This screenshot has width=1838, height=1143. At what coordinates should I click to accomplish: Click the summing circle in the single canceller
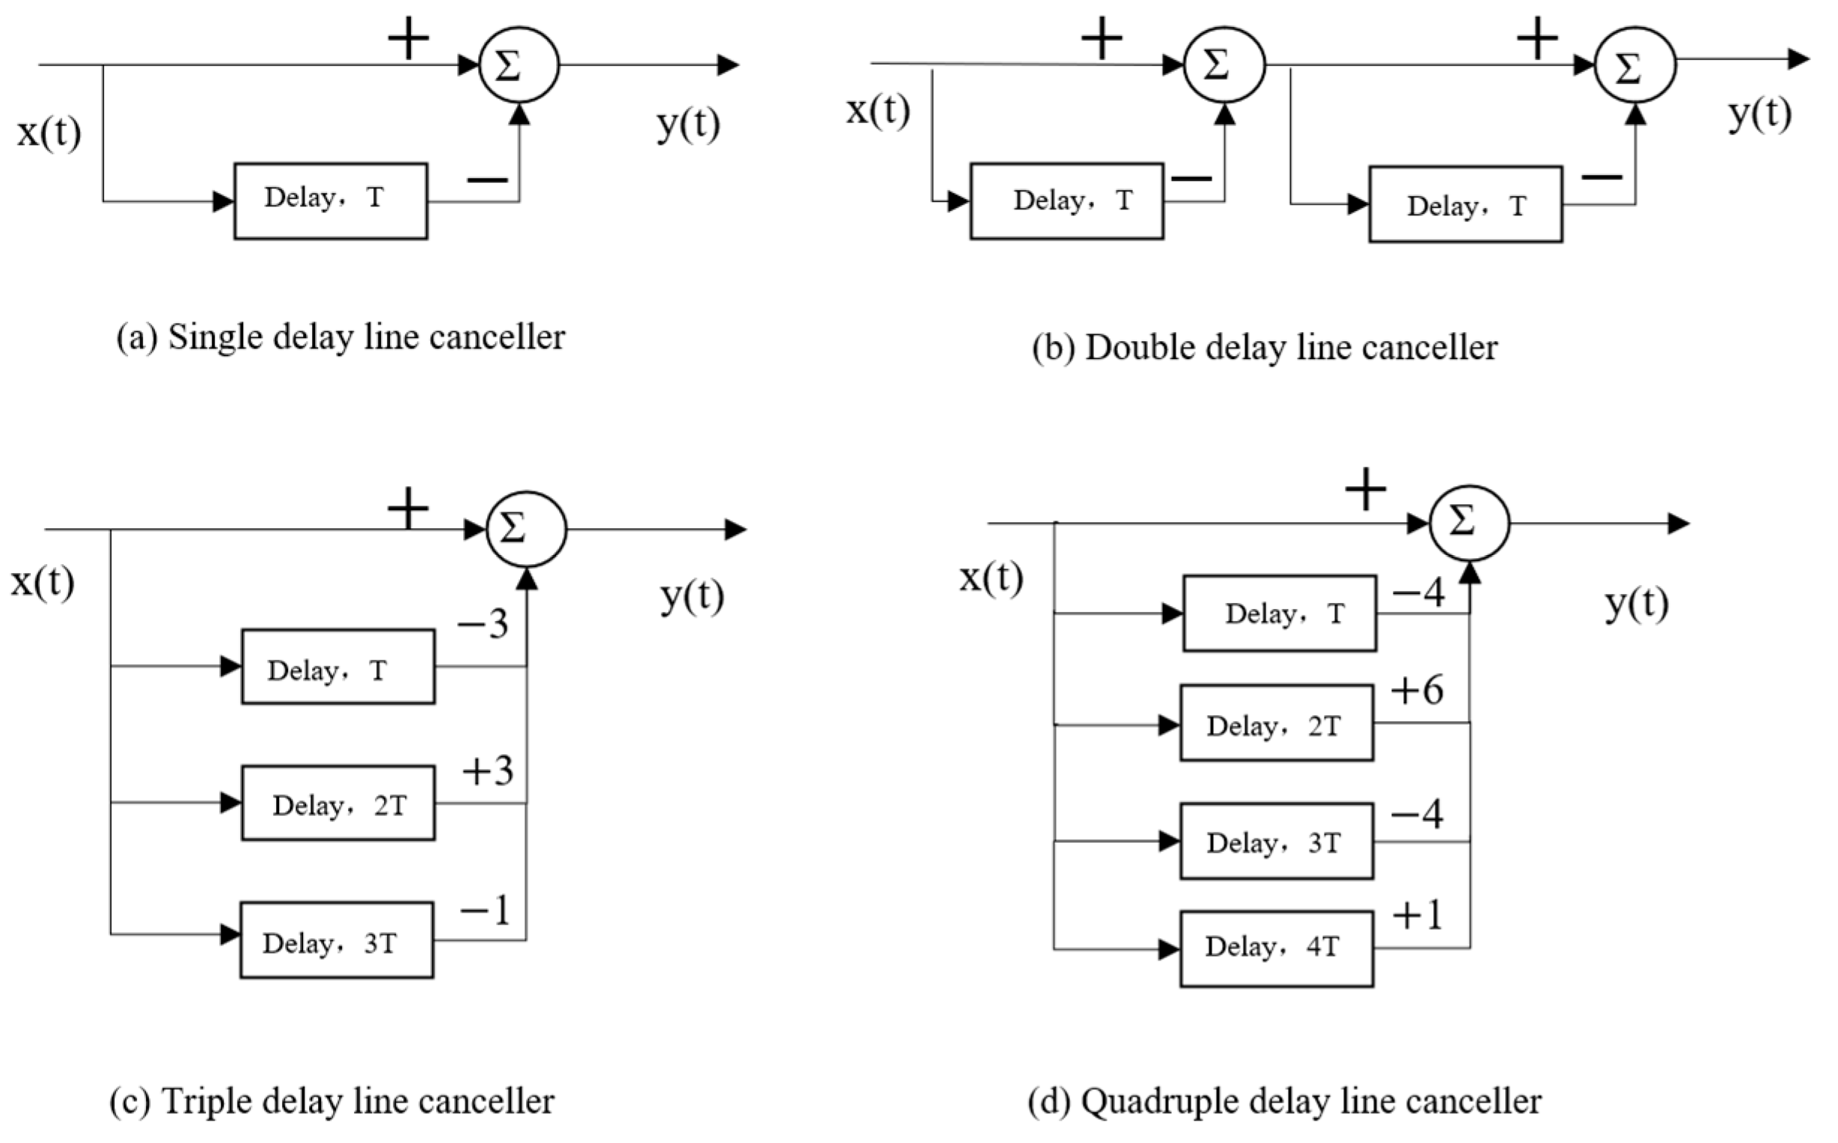pyautogui.click(x=519, y=65)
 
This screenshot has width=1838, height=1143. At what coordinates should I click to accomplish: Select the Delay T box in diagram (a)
pyautogui.click(x=330, y=200)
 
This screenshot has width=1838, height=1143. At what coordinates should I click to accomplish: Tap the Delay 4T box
pyautogui.click(x=1276, y=948)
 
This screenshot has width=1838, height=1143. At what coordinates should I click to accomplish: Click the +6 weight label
pyautogui.click(x=1417, y=690)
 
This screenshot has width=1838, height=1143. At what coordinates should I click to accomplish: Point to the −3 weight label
pyautogui.click(x=483, y=625)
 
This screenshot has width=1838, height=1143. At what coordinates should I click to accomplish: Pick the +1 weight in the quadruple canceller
pyautogui.click(x=1417, y=916)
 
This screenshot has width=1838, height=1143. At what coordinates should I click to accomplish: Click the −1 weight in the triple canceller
pyautogui.click(x=485, y=911)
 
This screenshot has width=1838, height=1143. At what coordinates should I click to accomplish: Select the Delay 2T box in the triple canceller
pyautogui.click(x=338, y=803)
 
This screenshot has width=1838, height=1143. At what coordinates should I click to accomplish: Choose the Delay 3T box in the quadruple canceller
pyautogui.click(x=1276, y=842)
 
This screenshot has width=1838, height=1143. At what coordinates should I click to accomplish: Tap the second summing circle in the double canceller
pyautogui.click(x=1634, y=65)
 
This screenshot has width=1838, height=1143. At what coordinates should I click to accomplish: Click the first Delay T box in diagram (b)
pyautogui.click(x=1066, y=201)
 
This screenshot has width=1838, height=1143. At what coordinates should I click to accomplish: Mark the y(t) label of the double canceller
pyautogui.click(x=1759, y=114)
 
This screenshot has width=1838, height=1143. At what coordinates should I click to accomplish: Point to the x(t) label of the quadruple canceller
pyautogui.click(x=990, y=578)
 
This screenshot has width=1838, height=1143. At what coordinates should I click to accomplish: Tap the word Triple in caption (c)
pyautogui.click(x=206, y=1101)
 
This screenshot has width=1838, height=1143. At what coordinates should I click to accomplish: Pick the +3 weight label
pyautogui.click(x=488, y=771)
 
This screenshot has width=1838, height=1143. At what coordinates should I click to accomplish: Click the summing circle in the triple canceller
pyautogui.click(x=526, y=529)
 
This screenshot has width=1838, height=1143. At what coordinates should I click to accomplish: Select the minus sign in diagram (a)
pyautogui.click(x=488, y=180)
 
